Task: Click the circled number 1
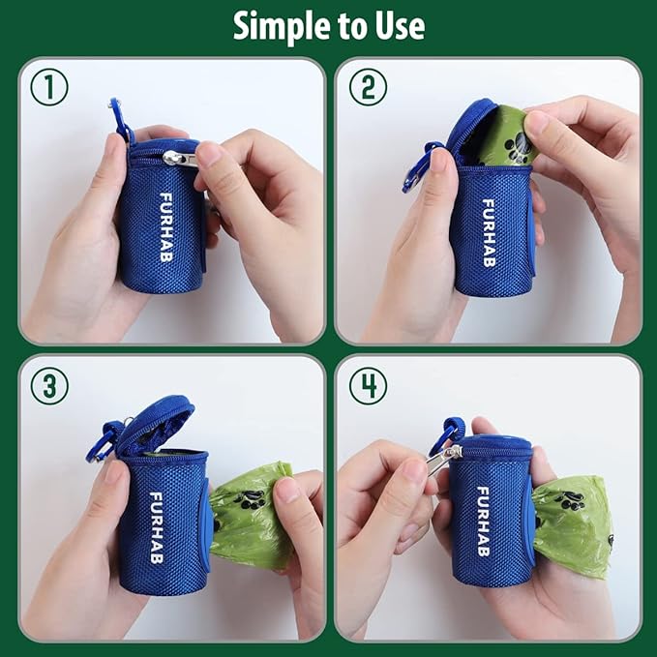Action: point(49,87)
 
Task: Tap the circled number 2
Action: point(368,87)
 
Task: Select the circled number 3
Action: point(49,385)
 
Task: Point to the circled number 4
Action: point(368,385)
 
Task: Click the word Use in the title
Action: point(399,26)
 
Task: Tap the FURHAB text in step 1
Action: point(165,224)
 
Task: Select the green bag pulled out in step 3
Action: point(251,513)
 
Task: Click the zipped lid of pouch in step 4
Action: point(491,446)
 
